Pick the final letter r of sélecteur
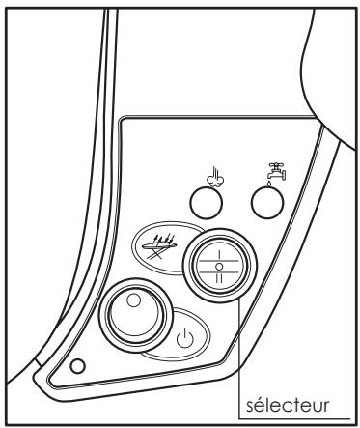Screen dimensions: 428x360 click(326, 400)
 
